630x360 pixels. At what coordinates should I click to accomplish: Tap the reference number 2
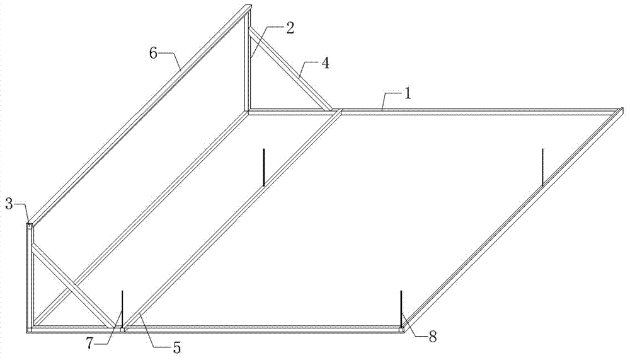tap(289, 28)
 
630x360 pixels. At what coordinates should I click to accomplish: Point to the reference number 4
tap(324, 63)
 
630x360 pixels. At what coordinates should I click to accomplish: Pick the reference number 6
tap(153, 53)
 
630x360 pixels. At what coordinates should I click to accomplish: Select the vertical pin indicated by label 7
tap(122, 307)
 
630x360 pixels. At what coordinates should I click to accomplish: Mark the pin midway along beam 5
tap(263, 167)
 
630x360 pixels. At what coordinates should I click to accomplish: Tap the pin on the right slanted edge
tap(542, 167)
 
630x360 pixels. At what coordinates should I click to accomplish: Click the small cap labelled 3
tap(30, 224)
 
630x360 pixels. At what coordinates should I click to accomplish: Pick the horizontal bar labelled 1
tap(472, 111)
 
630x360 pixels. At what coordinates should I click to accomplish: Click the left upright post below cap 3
tap(30, 277)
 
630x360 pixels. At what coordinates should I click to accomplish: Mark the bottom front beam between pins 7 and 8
tap(265, 328)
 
